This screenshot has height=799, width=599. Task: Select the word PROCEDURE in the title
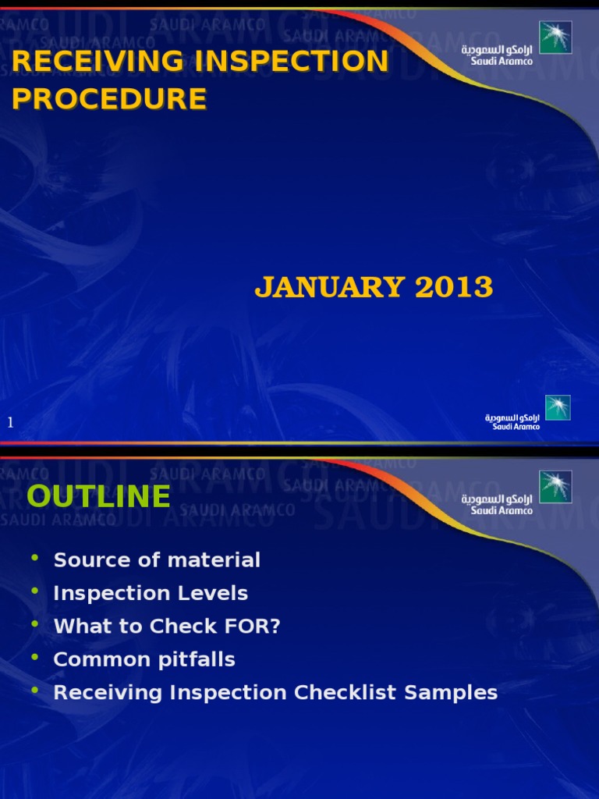[x=109, y=99]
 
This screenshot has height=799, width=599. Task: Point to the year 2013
[x=454, y=288]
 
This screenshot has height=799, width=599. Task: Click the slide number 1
[x=11, y=422]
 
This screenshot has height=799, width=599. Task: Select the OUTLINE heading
[x=98, y=496]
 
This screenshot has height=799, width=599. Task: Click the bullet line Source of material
[x=157, y=559]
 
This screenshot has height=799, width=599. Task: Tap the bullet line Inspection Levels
[x=151, y=593]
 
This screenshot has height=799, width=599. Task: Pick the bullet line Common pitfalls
[x=144, y=659]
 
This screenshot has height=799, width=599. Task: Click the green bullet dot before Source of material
[x=34, y=558]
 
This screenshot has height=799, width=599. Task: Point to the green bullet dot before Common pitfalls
[x=34, y=658]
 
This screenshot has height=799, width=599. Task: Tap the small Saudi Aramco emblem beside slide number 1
[x=558, y=407]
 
